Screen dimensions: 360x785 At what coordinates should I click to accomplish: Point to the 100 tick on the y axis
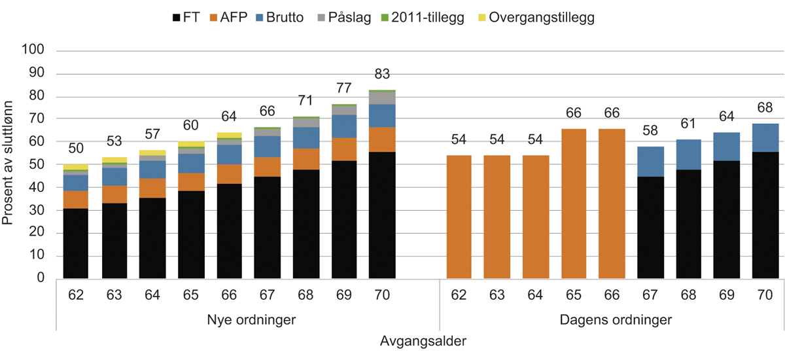pos(33,50)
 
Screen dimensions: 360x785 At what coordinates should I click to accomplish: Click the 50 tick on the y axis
pos(36,165)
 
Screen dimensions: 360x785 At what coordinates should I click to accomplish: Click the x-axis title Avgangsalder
pos(423,342)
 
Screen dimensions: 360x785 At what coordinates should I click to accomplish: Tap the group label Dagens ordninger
pos(612,321)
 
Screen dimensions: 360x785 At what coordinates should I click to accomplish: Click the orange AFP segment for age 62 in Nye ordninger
pos(75,200)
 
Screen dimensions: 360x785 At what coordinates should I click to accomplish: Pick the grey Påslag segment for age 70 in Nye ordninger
pos(381,98)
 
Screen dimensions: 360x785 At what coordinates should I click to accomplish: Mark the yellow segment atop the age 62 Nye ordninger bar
pos(75,167)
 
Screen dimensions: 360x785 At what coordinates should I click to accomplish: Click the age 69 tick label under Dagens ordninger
pos(726,295)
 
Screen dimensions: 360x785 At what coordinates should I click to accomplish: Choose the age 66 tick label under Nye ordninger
pos(228,295)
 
